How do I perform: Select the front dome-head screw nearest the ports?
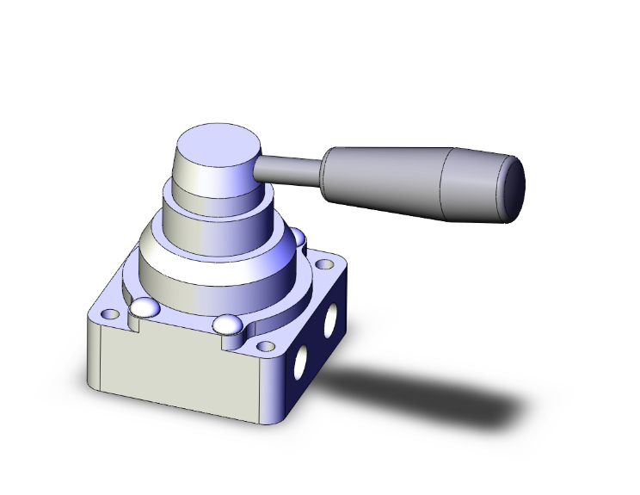228,325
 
